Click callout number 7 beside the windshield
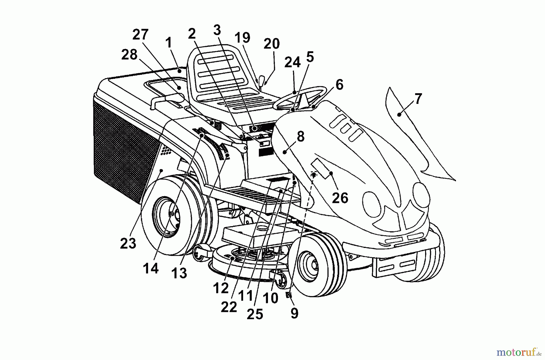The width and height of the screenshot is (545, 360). (x=418, y=99)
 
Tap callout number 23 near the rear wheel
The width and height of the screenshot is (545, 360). (x=128, y=243)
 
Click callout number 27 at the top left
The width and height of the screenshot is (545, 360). (x=140, y=35)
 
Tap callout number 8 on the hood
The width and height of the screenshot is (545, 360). (x=300, y=137)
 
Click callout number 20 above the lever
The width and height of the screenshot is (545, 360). (x=272, y=44)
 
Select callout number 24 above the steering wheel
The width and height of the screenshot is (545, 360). (x=292, y=62)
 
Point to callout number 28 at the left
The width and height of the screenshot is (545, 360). (x=129, y=55)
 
